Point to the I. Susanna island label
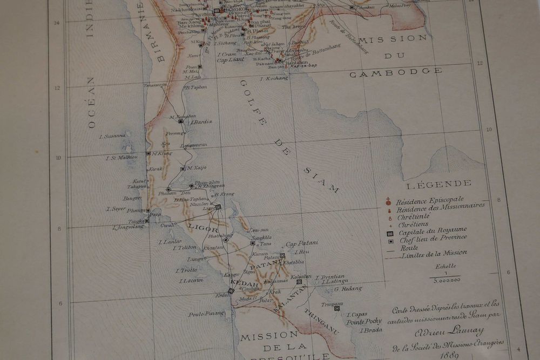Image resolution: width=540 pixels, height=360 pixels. tap(112, 136)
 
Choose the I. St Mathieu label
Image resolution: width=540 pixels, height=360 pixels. tap(122, 158)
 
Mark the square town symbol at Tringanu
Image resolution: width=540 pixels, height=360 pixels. tap(336, 308)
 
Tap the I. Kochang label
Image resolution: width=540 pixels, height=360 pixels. tap(274, 78)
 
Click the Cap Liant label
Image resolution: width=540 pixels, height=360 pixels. tap(230, 60)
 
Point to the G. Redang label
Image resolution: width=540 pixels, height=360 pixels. tap(348, 288)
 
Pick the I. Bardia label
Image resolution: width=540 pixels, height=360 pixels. tap(201, 121)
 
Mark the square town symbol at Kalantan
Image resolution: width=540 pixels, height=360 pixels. tap(299, 282)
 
